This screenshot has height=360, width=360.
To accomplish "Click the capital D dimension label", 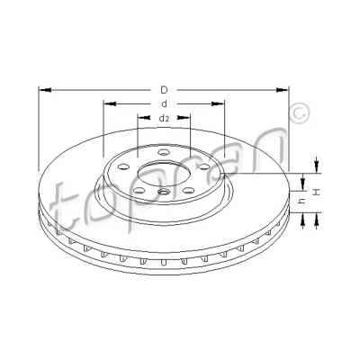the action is pyautogui.click(x=164, y=90).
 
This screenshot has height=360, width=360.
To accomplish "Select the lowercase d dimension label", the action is pyautogui.click(x=164, y=103).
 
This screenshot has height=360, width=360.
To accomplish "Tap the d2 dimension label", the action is pyautogui.click(x=164, y=119).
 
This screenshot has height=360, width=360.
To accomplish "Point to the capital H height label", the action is pyautogui.click(x=316, y=192).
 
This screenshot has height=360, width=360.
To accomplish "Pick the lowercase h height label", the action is pyautogui.click(x=302, y=202).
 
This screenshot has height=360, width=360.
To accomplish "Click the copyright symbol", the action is pyautogui.click(x=299, y=113).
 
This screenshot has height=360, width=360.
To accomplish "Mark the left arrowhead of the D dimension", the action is pyautogui.click(x=45, y=90).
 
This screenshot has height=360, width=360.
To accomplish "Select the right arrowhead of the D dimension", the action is pyautogui.click(x=283, y=90).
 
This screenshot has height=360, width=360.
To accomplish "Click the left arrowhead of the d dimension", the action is pyautogui.click(x=110, y=103).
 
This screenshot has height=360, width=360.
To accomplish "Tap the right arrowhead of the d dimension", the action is pyautogui.click(x=219, y=103).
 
